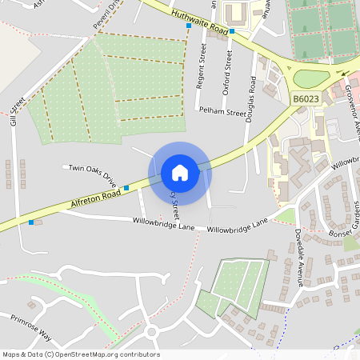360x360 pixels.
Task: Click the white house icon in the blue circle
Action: pyautogui.click(x=180, y=172)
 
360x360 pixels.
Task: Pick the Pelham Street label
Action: pyautogui.click(x=223, y=113)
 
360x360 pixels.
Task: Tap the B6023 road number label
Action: pyautogui.click(x=305, y=98)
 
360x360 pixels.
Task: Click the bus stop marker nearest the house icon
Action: pyautogui.click(x=126, y=187)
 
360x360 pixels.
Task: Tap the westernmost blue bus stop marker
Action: pyautogui.click(x=30, y=222)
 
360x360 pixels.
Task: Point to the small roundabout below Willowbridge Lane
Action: pyautogui.click(x=151, y=331)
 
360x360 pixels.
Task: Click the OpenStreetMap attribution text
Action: pyautogui.click(x=81, y=354)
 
